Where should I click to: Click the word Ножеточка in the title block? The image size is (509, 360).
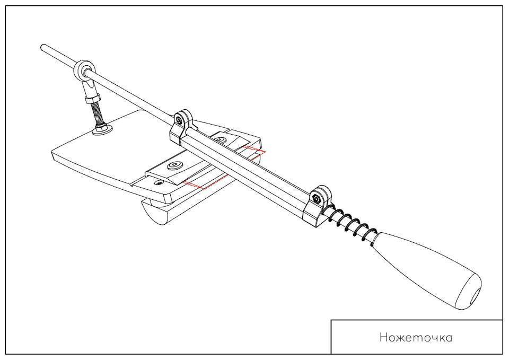416,337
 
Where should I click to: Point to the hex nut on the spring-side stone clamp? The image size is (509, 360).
316,198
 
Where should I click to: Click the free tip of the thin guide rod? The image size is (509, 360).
42,48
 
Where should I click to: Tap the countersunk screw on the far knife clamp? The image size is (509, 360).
220,139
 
